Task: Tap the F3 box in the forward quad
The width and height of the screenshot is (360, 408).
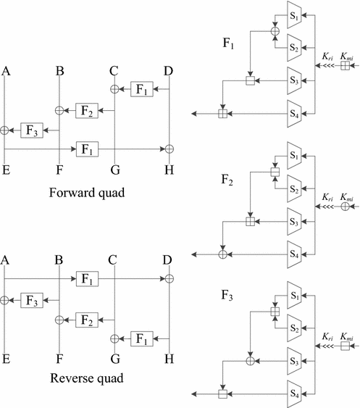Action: coord(32,130)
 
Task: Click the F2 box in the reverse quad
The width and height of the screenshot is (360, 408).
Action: coord(87,319)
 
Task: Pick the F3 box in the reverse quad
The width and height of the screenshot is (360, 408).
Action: coord(32,300)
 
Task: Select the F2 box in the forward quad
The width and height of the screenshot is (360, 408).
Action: coord(87,110)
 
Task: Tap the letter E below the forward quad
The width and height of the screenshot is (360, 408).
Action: coord(6,171)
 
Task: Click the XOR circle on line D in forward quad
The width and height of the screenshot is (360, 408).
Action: coord(168,149)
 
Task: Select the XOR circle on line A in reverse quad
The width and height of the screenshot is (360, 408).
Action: coord(6,300)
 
